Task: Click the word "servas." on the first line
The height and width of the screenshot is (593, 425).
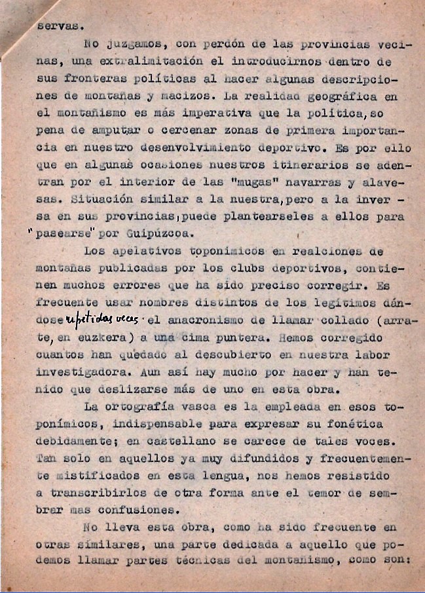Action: tap(57, 27)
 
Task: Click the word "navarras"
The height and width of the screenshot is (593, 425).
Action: tap(322, 182)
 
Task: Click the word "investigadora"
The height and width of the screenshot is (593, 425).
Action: tap(83, 372)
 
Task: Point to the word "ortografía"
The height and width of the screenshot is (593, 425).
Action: tap(143, 406)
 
